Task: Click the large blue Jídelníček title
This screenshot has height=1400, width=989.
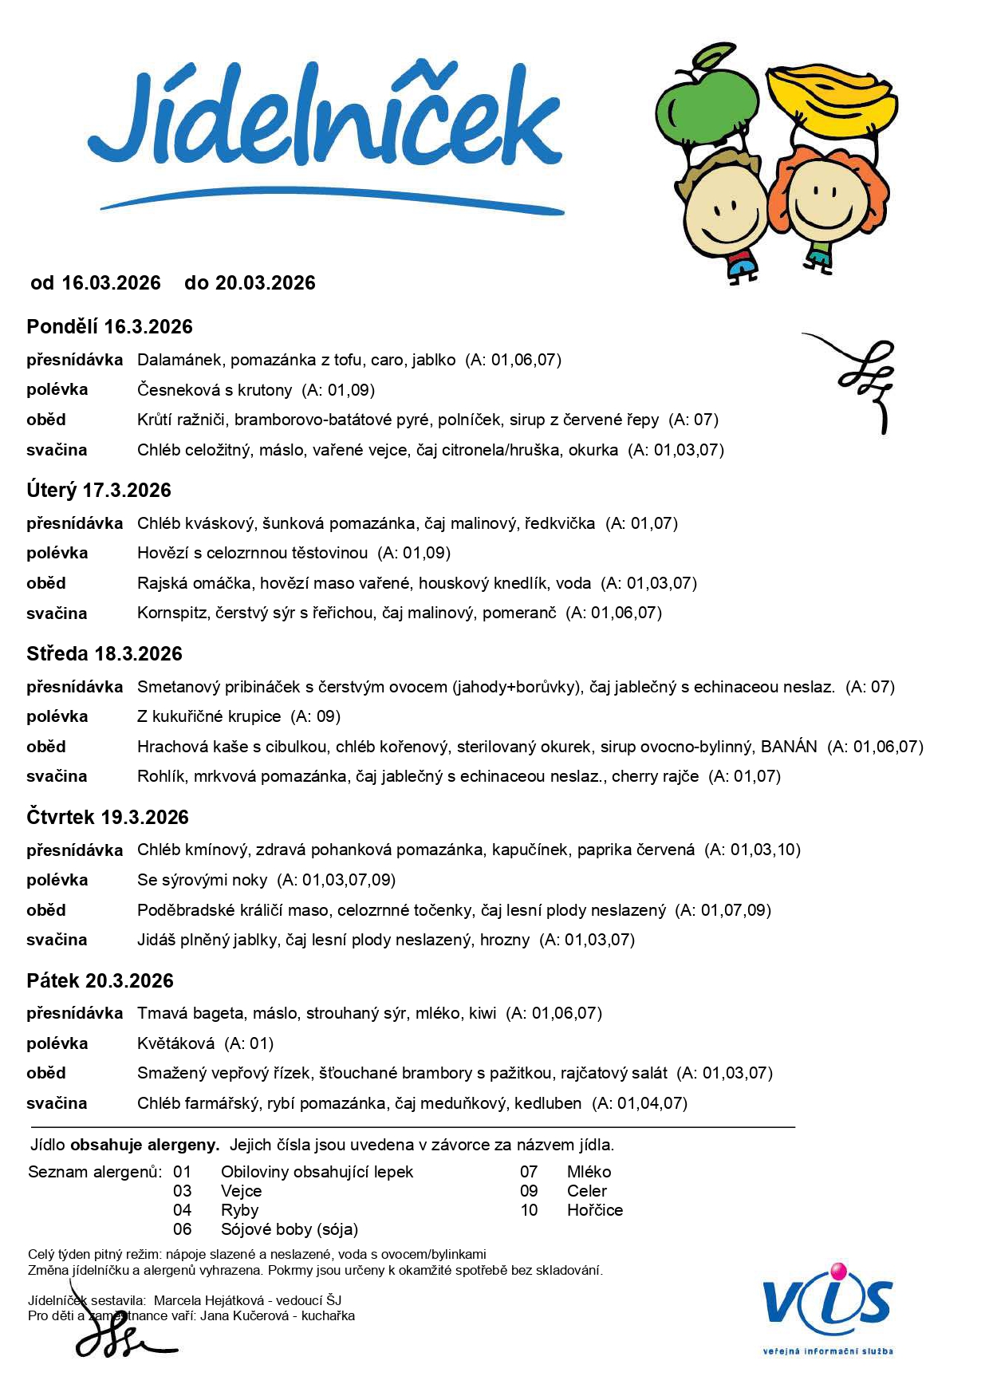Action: point(327,120)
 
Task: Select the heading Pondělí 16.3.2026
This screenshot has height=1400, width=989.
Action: point(109,326)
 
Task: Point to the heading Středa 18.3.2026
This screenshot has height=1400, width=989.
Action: point(104,653)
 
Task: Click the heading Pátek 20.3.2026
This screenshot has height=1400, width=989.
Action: point(100,980)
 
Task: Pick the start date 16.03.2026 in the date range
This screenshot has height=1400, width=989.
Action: point(111,283)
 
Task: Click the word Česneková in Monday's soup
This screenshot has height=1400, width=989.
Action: point(174,390)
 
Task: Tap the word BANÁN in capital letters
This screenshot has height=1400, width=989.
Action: point(789,747)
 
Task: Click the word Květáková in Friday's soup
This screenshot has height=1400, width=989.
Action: point(175,1043)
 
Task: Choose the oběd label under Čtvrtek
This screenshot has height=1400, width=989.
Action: point(46,910)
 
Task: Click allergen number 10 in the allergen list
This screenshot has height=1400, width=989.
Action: point(529,1210)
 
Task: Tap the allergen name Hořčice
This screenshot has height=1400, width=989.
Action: point(595,1210)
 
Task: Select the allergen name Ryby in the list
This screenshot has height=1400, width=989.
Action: point(239,1210)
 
